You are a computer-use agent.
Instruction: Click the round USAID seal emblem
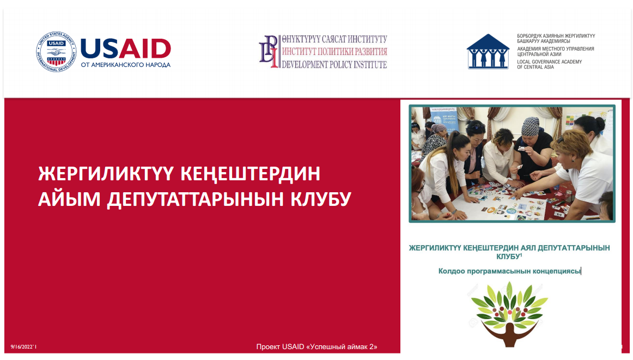pos(56,52)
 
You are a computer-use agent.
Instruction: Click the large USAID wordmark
pos(126,48)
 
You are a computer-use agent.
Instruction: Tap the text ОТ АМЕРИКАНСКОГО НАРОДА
pos(125,65)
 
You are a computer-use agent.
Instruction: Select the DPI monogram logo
pos(269,51)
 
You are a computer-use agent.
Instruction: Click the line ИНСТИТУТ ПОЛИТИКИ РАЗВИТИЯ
pos(334,52)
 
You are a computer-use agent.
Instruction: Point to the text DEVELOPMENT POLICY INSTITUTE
pos(334,64)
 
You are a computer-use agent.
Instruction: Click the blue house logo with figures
pos(488,51)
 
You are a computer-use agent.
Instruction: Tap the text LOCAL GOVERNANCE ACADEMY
pos(550,62)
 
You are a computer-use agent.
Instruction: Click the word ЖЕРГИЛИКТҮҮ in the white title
pos(106,174)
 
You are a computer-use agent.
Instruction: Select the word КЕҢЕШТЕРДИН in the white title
pos(250,174)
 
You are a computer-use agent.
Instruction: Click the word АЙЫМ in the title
pos(69,199)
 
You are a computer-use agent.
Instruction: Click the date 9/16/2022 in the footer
pos(23,347)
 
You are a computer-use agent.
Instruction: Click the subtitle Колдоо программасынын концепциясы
pos(509,271)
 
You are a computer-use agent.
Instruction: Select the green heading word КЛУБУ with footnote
pos(509,257)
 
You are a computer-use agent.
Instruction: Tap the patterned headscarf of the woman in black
pos(530,126)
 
